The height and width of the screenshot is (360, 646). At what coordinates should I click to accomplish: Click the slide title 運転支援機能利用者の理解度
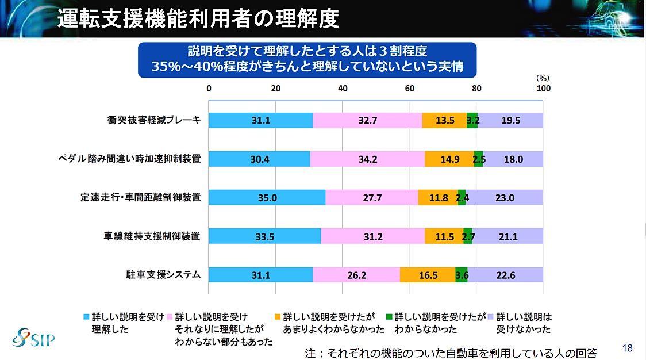point(198,18)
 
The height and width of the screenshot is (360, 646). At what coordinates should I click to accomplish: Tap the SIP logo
point(33,335)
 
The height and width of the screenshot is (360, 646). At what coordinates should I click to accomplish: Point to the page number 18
point(627,348)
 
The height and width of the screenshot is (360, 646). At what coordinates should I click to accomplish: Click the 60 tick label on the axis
point(410,89)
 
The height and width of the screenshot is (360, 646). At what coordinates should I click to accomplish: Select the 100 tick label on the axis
point(543,89)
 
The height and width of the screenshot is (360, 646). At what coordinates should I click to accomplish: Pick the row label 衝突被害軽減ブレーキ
point(153,120)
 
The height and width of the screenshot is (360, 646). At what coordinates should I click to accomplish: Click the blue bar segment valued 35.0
point(267,197)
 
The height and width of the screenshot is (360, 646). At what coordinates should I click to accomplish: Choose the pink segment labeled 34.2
point(367,159)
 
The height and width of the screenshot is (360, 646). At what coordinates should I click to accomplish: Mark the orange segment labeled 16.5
point(428,275)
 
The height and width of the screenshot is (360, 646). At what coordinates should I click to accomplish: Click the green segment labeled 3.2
point(472,120)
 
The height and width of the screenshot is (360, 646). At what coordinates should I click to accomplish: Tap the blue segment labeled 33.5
point(265,236)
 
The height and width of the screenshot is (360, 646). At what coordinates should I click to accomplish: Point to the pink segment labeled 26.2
point(356,275)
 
